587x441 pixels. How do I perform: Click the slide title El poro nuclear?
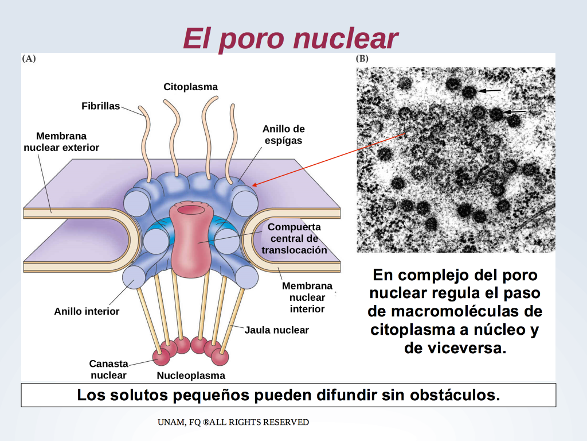[x=291, y=38]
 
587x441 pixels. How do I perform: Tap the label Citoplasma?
[x=190, y=87]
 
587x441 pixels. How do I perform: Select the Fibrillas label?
[x=101, y=106]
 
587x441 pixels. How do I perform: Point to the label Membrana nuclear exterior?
[x=61, y=142]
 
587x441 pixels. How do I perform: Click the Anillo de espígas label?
[x=283, y=134]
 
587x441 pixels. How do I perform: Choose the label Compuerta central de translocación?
[x=294, y=238]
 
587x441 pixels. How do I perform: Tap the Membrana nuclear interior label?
[x=307, y=297]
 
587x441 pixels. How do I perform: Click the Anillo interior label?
[x=87, y=311]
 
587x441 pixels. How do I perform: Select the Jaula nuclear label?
[x=277, y=330]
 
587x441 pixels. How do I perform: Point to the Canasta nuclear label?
[x=108, y=369]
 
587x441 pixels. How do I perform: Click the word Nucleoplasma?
[x=191, y=376]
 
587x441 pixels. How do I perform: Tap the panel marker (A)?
[x=29, y=59]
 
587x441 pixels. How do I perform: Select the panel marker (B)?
[x=362, y=59]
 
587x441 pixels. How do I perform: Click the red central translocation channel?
[x=191, y=240]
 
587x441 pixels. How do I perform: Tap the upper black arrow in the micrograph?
[x=490, y=90]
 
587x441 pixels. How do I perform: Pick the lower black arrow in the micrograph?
[x=515, y=111]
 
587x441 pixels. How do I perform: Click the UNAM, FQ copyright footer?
[x=233, y=422]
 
